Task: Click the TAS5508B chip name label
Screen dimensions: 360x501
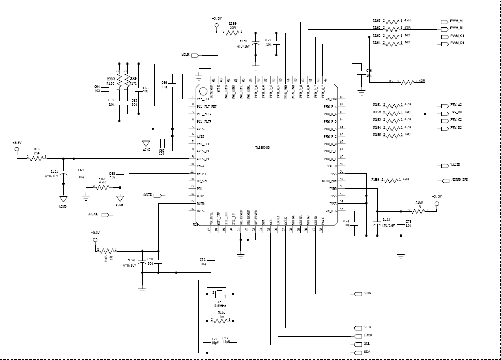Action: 262,147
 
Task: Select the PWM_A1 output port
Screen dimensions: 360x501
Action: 444,21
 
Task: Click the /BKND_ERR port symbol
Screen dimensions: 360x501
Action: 445,180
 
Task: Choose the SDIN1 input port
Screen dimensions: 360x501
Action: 358,294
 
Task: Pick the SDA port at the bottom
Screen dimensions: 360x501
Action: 358,352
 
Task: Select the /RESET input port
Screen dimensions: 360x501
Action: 105,214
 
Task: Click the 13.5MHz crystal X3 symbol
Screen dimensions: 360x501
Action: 220,294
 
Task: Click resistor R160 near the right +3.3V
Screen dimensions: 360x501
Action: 419,211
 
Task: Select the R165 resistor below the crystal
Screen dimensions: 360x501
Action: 221,321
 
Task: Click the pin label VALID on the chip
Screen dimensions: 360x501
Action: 332,166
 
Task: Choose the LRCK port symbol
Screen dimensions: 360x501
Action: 358,336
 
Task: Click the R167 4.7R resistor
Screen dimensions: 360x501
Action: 102,187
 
